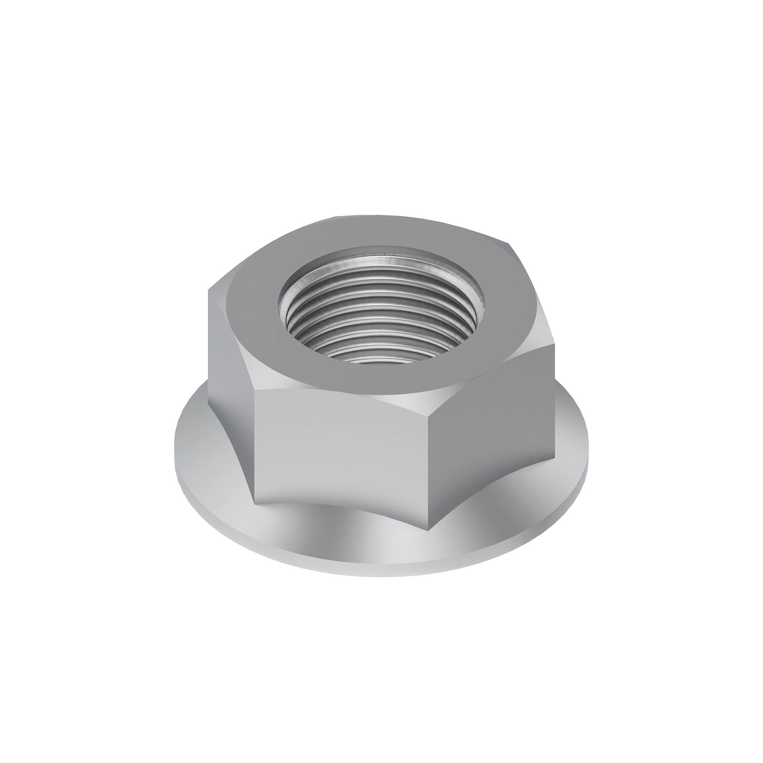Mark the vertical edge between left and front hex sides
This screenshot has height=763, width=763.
tap(255, 446)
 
